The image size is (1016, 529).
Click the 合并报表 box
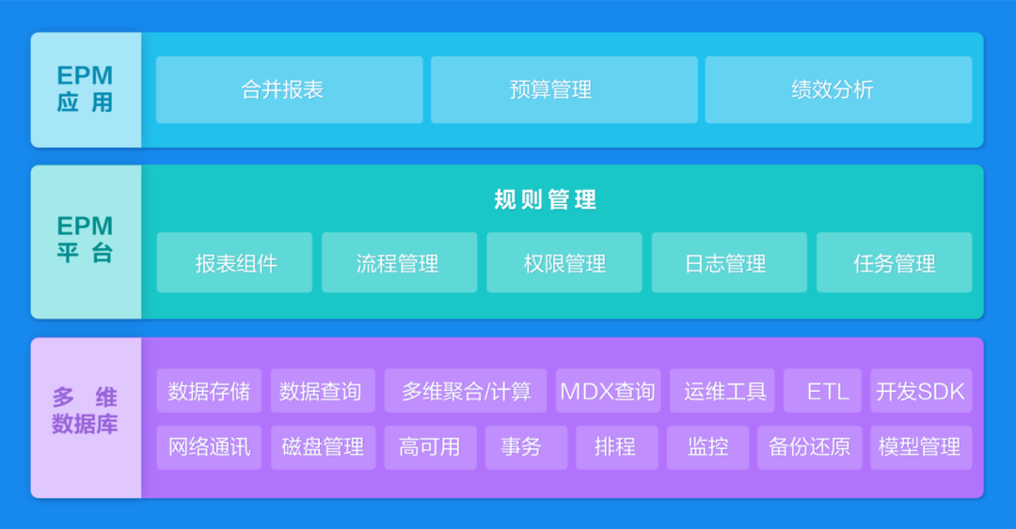pyautogui.click(x=289, y=89)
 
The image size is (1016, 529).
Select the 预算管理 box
pyautogui.click(x=564, y=89)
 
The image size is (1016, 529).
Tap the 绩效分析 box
pyautogui.click(x=838, y=89)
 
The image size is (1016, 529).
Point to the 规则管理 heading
pyautogui.click(x=545, y=199)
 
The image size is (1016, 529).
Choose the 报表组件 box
pyautogui.click(x=234, y=262)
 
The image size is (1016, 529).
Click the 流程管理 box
pyautogui.click(x=399, y=262)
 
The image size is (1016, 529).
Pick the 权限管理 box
pyautogui.click(x=564, y=262)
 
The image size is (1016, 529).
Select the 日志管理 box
pyautogui.click(x=729, y=262)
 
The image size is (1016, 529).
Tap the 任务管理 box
pyautogui.click(x=895, y=262)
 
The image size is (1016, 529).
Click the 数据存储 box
pyautogui.click(x=209, y=391)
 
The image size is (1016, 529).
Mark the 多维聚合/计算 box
pyautogui.click(x=466, y=391)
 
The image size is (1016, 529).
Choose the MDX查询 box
pyautogui.click(x=608, y=391)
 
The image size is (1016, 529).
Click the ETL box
pyautogui.click(x=822, y=391)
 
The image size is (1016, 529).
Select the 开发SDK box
pyautogui.click(x=921, y=391)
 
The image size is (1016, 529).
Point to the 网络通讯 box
pyautogui.click(x=209, y=447)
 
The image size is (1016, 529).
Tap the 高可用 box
pyautogui.click(x=430, y=447)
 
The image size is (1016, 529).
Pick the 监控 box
pyautogui.click(x=707, y=447)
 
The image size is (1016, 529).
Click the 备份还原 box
pyautogui.click(x=809, y=447)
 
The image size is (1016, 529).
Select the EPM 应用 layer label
pyautogui.click(x=86, y=89)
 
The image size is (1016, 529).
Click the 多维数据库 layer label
pyautogui.click(x=86, y=417)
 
